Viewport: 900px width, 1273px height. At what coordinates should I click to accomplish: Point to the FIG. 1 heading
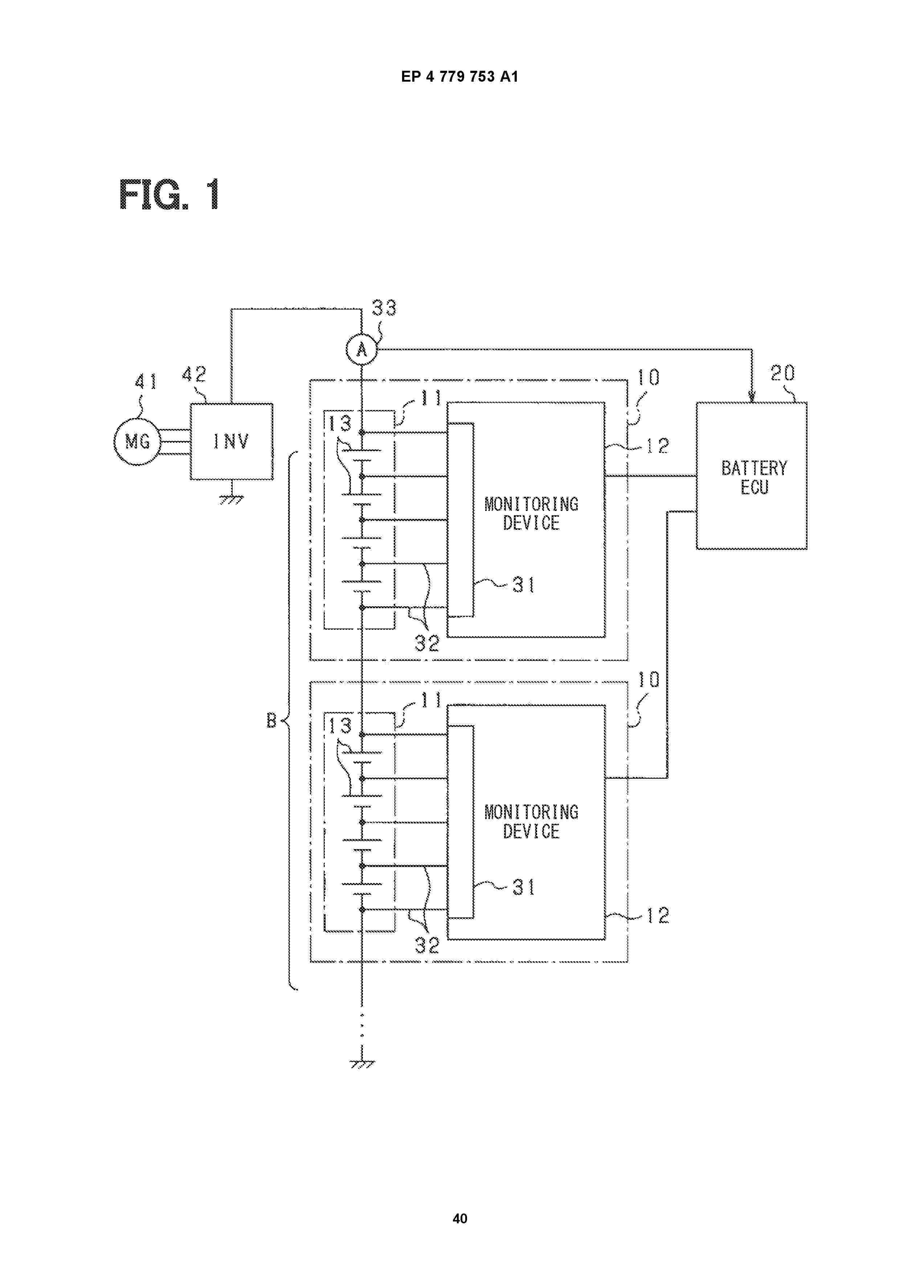pyautogui.click(x=169, y=194)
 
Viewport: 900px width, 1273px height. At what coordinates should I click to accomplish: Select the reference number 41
pyautogui.click(x=146, y=381)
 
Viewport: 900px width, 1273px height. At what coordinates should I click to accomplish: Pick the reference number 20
pyautogui.click(x=782, y=373)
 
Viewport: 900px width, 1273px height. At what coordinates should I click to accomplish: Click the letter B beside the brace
pyautogui.click(x=271, y=721)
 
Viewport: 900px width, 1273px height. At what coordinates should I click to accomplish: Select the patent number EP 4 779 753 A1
pyautogui.click(x=460, y=77)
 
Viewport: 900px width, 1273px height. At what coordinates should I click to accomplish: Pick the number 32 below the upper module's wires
pyautogui.click(x=427, y=643)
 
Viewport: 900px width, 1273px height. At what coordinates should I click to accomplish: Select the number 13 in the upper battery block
pyautogui.click(x=340, y=423)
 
